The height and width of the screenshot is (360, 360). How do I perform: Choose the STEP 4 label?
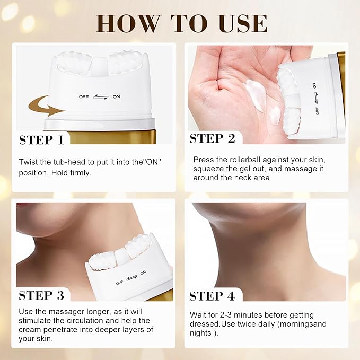(213, 295)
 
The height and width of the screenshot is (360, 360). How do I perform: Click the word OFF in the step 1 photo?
(84, 97)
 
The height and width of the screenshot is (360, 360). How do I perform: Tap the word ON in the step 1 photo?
(116, 97)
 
